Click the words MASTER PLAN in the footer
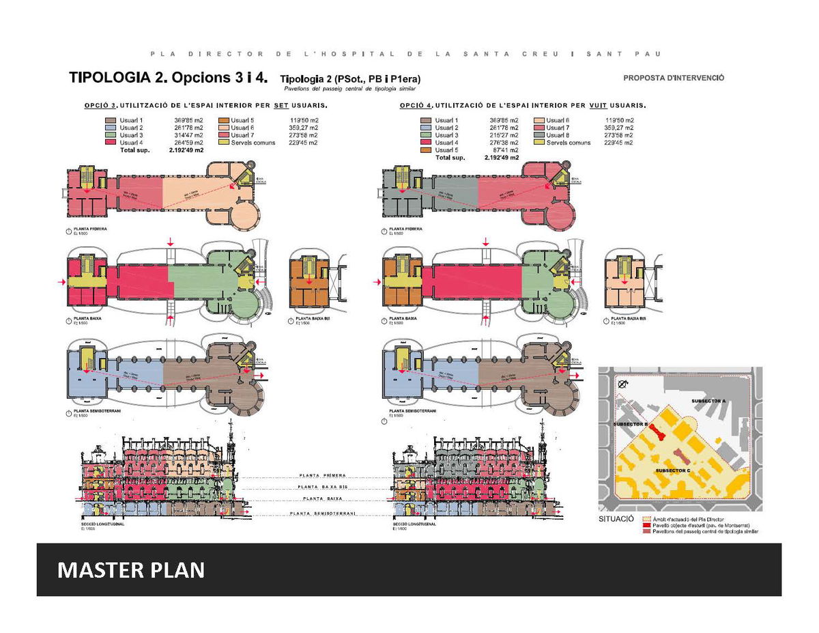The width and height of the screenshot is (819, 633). point(131,569)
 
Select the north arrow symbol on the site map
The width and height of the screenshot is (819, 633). point(622,386)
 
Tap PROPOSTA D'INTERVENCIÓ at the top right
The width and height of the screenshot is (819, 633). point(674,78)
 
